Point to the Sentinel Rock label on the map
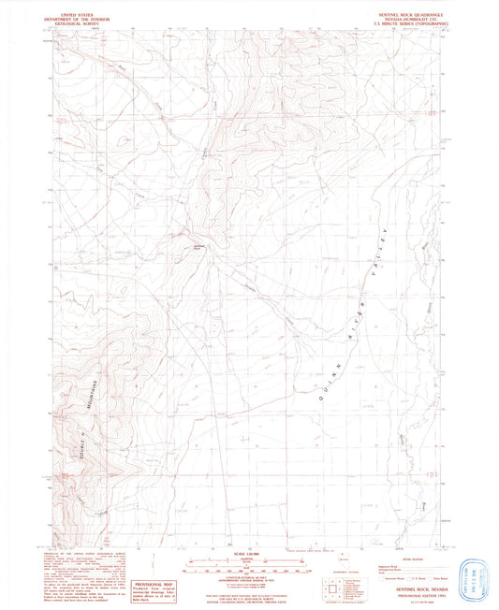tap(198, 247)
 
